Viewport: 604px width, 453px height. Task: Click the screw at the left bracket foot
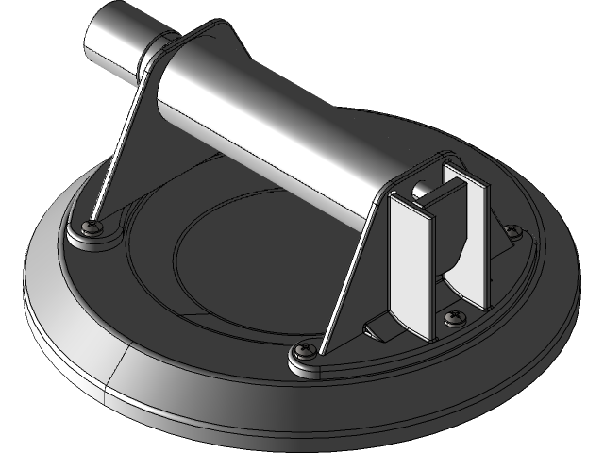(92, 227)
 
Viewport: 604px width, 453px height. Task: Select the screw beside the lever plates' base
(455, 316)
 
